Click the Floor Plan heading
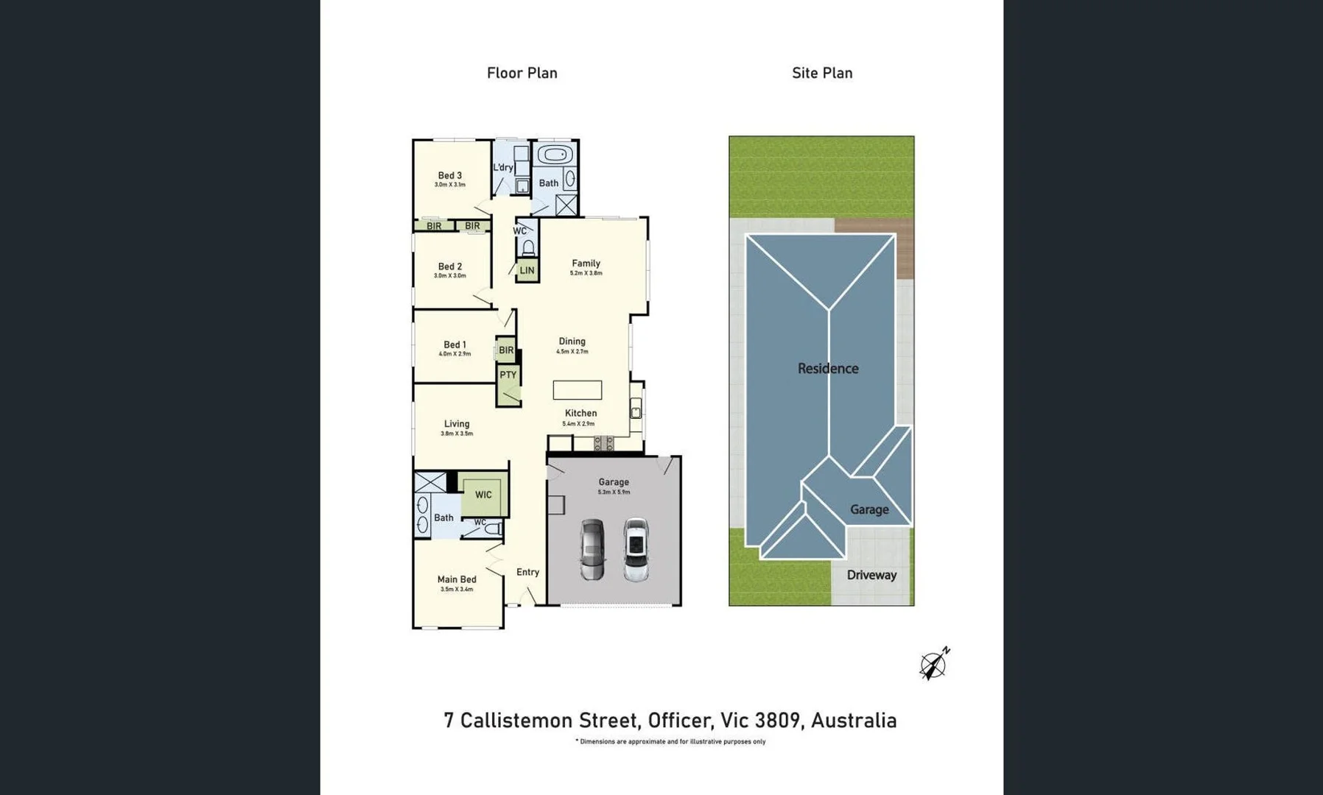point(522,73)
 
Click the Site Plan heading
point(822,73)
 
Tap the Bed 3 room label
point(449,175)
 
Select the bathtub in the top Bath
point(554,155)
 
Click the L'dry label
point(503,168)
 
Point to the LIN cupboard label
point(527,270)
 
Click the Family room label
point(586,263)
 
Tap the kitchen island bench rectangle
point(577,390)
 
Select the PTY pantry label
point(508,375)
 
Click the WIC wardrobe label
point(483,495)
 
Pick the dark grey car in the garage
point(592,549)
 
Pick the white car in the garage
point(636,549)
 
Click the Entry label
point(527,572)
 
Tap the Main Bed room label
point(456,579)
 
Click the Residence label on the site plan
point(827,368)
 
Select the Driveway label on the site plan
point(871,575)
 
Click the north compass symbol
point(933,665)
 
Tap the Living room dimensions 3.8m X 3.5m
point(457,434)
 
